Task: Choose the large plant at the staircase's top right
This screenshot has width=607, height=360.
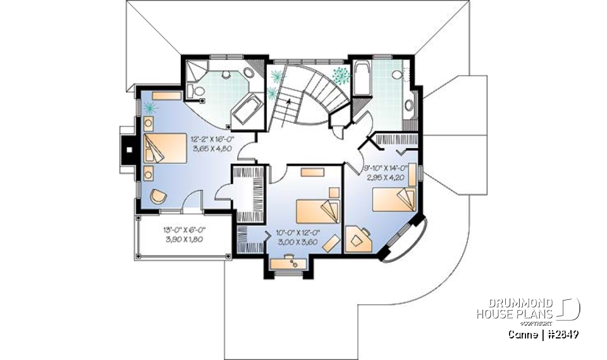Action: (340, 75)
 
